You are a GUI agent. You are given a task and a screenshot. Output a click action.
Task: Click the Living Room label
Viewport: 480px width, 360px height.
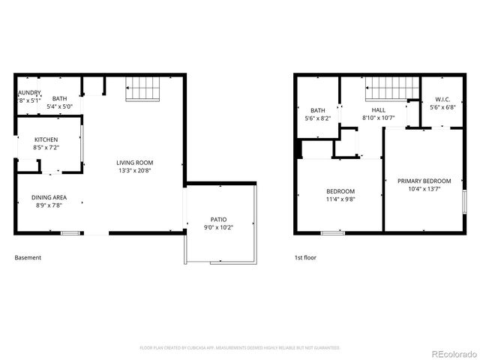tap(134, 163)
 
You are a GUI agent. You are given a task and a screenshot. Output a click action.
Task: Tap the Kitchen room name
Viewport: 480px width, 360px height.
tap(46, 139)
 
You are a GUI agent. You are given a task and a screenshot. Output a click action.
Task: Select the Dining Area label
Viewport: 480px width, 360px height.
tap(49, 197)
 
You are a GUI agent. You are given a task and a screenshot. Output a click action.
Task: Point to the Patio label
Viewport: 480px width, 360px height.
tap(218, 219)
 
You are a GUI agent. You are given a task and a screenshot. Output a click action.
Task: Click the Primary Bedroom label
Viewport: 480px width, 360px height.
tap(424, 181)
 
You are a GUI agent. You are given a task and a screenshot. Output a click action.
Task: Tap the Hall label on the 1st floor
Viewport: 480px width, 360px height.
tap(378, 110)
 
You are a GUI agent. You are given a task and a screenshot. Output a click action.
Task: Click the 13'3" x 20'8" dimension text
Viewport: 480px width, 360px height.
tap(134, 171)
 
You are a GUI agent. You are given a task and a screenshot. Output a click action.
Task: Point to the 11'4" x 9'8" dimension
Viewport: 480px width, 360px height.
tap(340, 199)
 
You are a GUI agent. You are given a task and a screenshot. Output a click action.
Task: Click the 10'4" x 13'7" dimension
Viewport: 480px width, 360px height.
tap(424, 189)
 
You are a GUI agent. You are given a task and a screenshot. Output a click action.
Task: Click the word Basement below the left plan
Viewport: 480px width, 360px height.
tap(28, 257)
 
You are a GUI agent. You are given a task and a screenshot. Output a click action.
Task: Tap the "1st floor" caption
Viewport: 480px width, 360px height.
tap(305, 257)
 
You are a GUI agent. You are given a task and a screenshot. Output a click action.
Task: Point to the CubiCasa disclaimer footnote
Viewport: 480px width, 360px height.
tap(239, 347)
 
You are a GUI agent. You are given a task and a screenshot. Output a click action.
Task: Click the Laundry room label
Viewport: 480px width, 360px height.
tap(29, 92)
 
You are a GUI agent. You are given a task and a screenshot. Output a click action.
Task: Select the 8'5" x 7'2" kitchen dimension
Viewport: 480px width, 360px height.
tap(46, 148)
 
